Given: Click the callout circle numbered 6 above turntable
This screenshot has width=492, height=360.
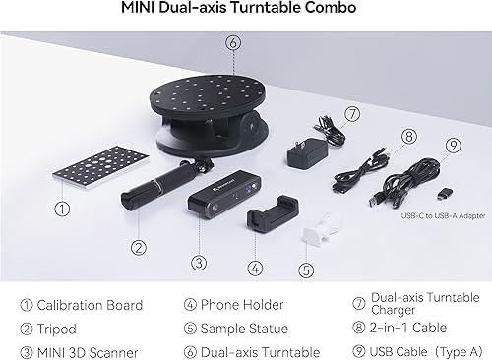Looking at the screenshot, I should (x=232, y=42).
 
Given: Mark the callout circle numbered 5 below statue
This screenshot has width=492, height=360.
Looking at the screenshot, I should (x=306, y=268).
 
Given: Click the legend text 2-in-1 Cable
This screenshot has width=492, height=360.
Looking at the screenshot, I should (x=407, y=329).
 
